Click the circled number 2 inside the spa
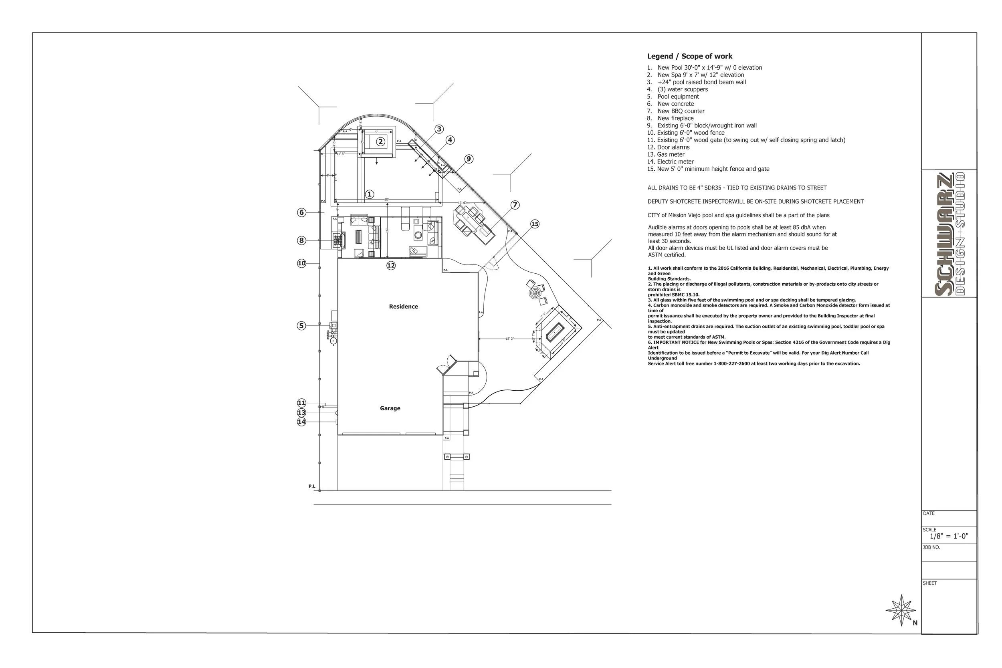pos(380,142)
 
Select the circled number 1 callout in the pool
pos(370,194)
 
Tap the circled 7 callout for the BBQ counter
pos(515,205)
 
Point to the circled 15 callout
pos(535,224)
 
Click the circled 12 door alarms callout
pos(391,266)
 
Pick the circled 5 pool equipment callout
pos(301,326)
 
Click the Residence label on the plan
pos(404,307)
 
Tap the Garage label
pos(390,408)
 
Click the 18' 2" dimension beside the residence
pos(509,339)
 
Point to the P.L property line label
pos(312,486)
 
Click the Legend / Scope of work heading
pos(689,56)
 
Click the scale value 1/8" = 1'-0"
pos(949,536)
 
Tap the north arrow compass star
pos(901,610)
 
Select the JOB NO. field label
pos(931,547)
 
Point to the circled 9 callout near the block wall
pos(469,159)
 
